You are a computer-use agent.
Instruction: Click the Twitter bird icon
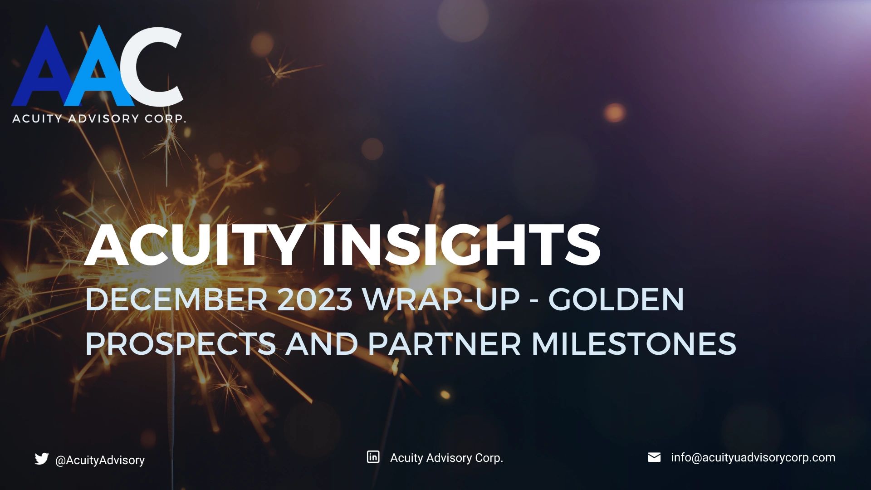[41, 459]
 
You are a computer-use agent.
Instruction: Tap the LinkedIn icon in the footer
[373, 457]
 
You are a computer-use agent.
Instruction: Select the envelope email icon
[654, 457]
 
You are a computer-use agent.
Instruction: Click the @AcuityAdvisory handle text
[100, 460]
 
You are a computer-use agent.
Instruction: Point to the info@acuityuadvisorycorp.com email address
[753, 457]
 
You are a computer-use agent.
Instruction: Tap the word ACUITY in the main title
[192, 245]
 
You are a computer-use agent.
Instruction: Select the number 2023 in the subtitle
[314, 299]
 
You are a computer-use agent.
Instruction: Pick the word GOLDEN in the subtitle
[616, 299]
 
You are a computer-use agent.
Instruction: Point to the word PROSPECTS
[180, 343]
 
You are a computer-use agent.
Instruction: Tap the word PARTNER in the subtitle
[445, 343]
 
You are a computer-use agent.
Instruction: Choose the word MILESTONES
[633, 343]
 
